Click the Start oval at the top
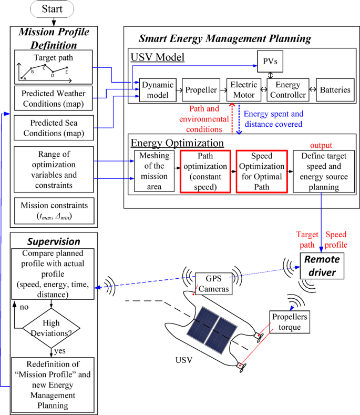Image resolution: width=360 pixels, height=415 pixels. point(53,9)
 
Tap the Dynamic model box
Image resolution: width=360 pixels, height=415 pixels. point(155,89)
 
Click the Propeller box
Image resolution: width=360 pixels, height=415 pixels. point(200,89)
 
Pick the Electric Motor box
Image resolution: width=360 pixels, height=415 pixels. point(242,89)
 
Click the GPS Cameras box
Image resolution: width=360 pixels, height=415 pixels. point(213,283)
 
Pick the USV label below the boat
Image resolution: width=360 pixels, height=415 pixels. point(184,361)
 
